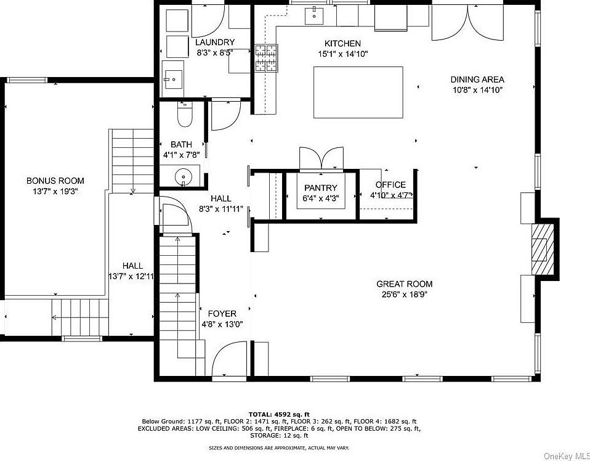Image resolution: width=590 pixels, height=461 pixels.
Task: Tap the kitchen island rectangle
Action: pos(358,92)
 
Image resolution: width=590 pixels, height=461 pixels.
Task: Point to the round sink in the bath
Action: pos(184,177)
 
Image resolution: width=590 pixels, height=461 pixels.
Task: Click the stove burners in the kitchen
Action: pos(266,59)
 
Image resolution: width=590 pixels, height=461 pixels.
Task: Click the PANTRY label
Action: pos(320,187)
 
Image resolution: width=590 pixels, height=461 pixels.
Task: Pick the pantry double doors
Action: pos(320,158)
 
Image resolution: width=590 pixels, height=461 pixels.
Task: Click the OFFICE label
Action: pos(390,184)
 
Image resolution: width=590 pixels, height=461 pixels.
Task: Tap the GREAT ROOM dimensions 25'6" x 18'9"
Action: pos(404,295)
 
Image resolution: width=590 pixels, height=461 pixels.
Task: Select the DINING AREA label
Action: pos(477,79)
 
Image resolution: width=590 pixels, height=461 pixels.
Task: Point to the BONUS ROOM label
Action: pos(55,181)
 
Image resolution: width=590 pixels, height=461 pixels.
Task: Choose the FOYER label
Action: pos(221,313)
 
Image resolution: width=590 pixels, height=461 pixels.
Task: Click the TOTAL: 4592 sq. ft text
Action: pos(278,414)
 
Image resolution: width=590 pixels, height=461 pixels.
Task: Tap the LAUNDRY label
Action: pos(214,43)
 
